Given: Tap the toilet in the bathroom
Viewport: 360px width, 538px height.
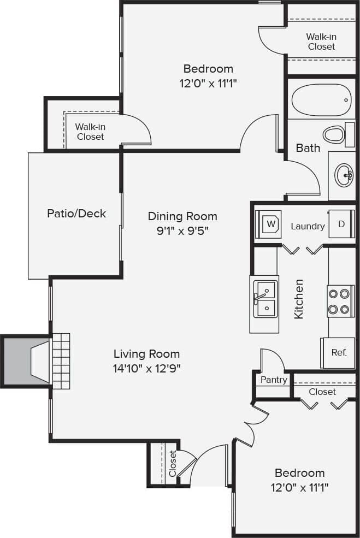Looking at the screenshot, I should [x=334, y=134].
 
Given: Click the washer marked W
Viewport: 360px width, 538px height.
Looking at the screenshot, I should [x=269, y=223].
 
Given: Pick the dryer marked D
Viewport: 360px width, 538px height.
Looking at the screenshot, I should [x=341, y=224].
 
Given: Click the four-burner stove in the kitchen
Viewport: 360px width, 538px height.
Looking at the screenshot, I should [x=338, y=301].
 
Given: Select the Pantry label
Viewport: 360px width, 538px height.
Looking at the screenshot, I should [x=274, y=380].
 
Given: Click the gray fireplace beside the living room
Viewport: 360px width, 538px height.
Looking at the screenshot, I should [x=26, y=362].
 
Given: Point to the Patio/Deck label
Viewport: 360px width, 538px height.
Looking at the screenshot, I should [x=76, y=213].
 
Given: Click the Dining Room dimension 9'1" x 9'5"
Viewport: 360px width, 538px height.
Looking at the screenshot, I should [x=182, y=230].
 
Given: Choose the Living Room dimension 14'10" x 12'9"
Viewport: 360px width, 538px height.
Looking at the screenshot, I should [x=146, y=368].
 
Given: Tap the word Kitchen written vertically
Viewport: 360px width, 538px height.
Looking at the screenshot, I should [x=299, y=299].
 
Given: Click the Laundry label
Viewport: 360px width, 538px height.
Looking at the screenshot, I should [x=308, y=226].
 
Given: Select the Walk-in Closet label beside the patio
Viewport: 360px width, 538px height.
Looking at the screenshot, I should [x=90, y=132].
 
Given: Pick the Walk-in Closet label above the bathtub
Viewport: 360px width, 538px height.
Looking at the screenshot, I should [x=321, y=42].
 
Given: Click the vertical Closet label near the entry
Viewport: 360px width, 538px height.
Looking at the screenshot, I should [x=173, y=463].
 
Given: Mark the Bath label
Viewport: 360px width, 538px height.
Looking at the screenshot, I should [x=308, y=147].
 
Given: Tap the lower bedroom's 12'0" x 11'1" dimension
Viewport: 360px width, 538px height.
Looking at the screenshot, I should [x=299, y=487].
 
